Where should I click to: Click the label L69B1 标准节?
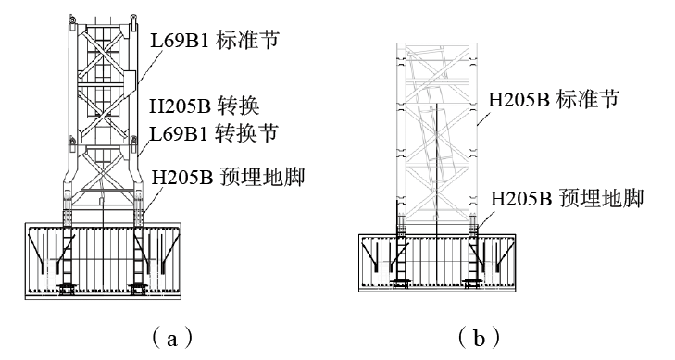pyautogui.click(x=215, y=41)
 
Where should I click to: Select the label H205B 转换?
pyautogui.click(x=205, y=106)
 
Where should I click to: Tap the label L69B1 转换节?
pyautogui.click(x=214, y=133)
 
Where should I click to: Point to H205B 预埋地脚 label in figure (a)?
pyautogui.click(x=228, y=177)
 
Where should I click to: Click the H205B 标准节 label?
pyautogui.click(x=553, y=99)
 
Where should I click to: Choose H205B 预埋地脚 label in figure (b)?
pyautogui.click(x=567, y=199)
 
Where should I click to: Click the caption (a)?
pyautogui.click(x=172, y=338)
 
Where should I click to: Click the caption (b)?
pyautogui.click(x=479, y=338)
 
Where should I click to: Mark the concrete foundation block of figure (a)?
pyautogui.click(x=103, y=261)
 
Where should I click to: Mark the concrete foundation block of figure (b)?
pyautogui.click(x=437, y=263)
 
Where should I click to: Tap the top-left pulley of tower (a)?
pyautogui.click(x=72, y=19)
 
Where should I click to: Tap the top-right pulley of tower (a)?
pyautogui.click(x=134, y=19)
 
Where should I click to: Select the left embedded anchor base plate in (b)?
pyautogui.click(x=401, y=282)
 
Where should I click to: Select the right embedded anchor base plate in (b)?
pyautogui.click(x=472, y=282)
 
